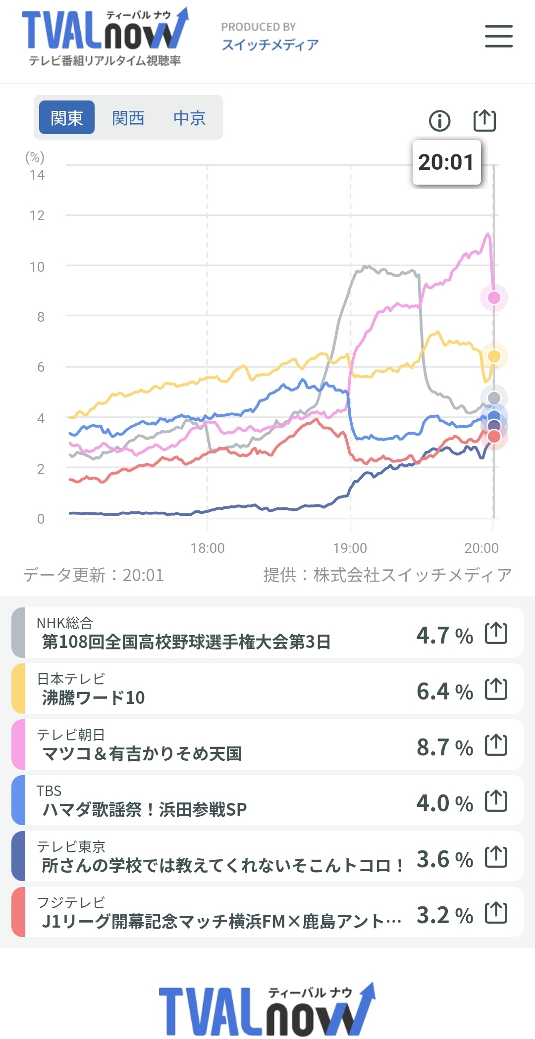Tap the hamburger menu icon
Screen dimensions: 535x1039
click(x=498, y=36)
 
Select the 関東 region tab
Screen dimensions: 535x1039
click(x=67, y=117)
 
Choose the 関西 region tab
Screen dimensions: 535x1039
click(x=128, y=118)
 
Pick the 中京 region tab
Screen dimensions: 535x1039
click(x=189, y=118)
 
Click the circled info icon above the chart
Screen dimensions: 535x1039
click(x=440, y=120)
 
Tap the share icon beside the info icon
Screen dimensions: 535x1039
click(x=484, y=120)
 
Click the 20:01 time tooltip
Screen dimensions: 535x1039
click(x=446, y=162)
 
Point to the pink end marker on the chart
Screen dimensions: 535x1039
click(x=494, y=297)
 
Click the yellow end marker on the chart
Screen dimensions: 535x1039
click(x=494, y=356)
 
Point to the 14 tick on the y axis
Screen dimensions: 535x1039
click(x=37, y=175)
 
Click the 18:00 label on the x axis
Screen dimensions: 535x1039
click(x=208, y=548)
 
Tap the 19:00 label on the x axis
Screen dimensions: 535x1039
click(x=350, y=548)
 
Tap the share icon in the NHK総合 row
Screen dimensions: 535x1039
click(x=496, y=633)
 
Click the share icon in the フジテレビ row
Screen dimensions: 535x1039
click(x=496, y=913)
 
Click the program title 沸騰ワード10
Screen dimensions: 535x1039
click(x=94, y=698)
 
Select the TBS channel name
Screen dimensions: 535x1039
click(x=49, y=791)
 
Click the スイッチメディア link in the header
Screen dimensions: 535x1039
click(x=270, y=45)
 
